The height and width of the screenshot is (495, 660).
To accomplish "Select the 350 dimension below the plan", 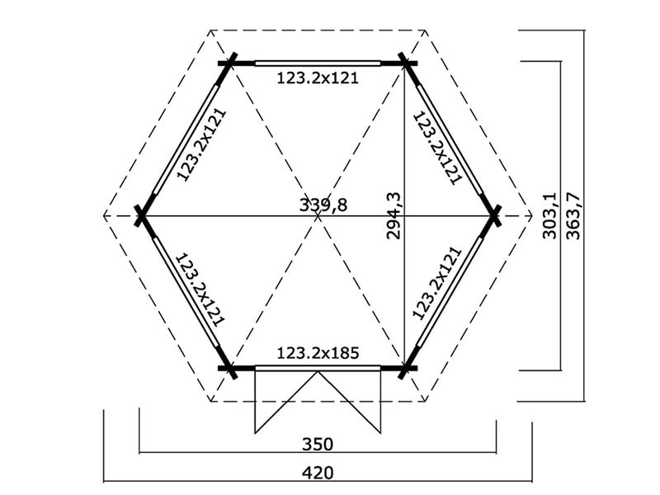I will tap(317, 444).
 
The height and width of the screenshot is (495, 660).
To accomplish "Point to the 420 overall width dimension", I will tap(318, 474).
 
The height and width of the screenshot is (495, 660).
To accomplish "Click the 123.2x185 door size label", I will tap(318, 354).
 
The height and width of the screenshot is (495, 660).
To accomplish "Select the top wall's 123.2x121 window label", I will tap(318, 79).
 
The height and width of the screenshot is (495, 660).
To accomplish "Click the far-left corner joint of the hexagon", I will tap(141, 215).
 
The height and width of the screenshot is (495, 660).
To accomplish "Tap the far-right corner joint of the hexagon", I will tap(495, 215).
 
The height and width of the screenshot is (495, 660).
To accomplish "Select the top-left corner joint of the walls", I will tap(229, 62).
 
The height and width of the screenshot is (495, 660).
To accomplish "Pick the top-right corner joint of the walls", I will tap(406, 62).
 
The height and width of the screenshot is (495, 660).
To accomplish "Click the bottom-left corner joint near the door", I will tap(229, 368).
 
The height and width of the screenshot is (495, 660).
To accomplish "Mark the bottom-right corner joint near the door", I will tap(406, 368).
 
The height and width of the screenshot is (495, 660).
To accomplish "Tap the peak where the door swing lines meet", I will tap(318, 373).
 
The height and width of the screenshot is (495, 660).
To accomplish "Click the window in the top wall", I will tap(318, 62).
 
